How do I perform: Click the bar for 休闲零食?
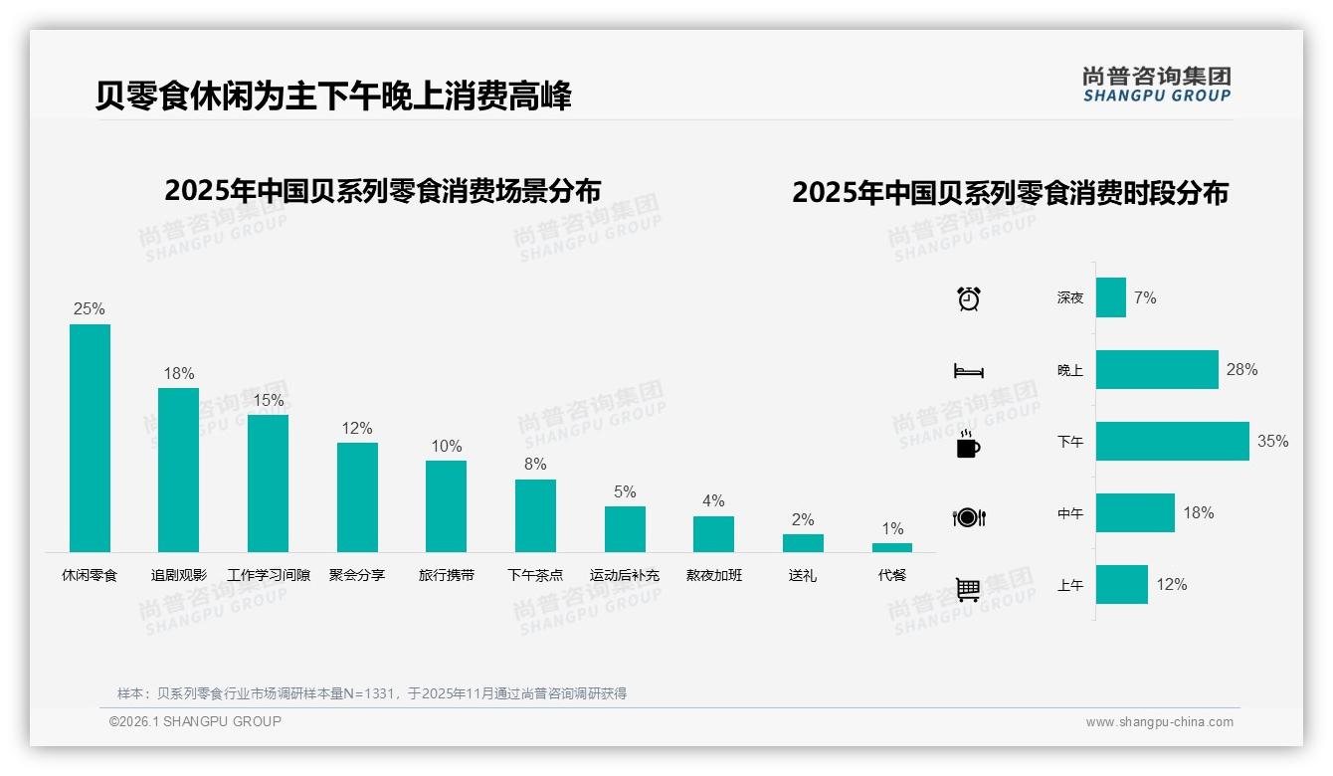pos(90,438)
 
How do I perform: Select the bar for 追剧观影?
pos(178,470)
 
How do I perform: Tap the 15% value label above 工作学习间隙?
pos(268,400)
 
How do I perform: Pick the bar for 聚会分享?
pos(357,496)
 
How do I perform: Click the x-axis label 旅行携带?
pos(446,575)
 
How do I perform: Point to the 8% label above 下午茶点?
pos(535,464)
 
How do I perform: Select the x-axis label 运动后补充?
pos(624,575)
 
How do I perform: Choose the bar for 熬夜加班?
pos(713,534)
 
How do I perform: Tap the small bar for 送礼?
pos(803,543)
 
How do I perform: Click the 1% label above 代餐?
pos(892,528)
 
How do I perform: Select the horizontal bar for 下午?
pos(1172,442)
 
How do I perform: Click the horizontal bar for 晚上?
pos(1157,370)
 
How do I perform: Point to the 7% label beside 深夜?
pos(1145,297)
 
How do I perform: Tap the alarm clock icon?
pos(969,298)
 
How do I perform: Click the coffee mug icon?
pos(968,445)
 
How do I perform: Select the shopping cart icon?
pos(968,589)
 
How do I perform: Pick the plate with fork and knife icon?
pos(969,517)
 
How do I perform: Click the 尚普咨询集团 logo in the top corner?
pos(1156,84)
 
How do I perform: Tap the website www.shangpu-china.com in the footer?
pos(1159,722)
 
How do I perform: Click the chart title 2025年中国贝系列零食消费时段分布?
pos(1010,193)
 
